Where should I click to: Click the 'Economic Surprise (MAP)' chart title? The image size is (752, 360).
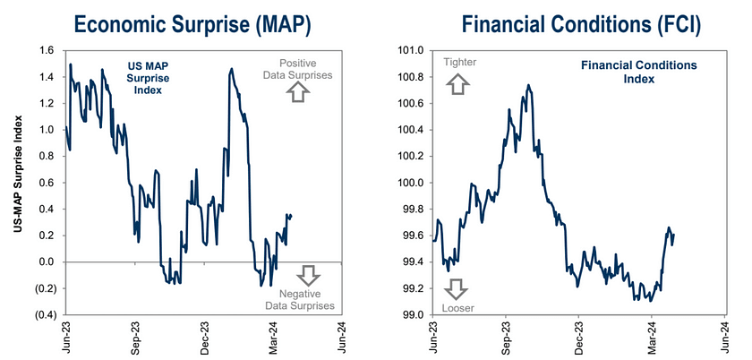[x=192, y=24]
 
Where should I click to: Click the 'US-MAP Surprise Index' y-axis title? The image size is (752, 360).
[x=19, y=183]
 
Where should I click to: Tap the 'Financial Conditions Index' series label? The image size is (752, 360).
[x=639, y=72]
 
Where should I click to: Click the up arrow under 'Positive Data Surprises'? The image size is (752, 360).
[x=299, y=92]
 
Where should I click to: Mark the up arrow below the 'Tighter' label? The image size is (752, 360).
[x=457, y=84]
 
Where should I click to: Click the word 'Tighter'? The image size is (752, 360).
[x=459, y=62]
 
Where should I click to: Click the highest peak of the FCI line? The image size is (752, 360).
[x=528, y=85]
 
